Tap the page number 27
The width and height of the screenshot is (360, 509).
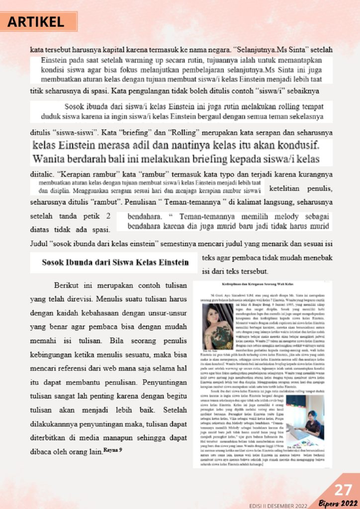(x=343, y=490)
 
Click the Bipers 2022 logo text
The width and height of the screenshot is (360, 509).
(x=338, y=503)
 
